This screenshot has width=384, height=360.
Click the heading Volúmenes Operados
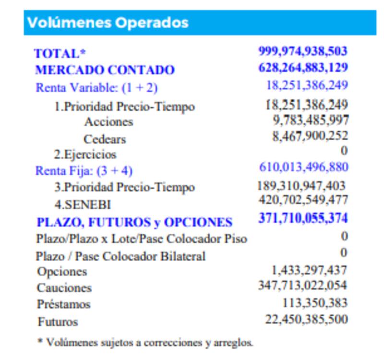click(108, 23)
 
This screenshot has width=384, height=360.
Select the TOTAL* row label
click(57, 54)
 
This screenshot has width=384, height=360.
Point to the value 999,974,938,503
click(303, 51)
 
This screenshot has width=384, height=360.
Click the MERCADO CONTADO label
click(105, 70)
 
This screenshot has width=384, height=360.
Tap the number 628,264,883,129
click(303, 68)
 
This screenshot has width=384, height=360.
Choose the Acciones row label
click(108, 122)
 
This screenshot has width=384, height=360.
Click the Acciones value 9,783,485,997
click(311, 120)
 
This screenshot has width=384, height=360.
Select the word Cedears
click(105, 139)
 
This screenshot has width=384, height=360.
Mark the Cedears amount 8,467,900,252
click(310, 136)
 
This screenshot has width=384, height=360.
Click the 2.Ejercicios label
click(85, 155)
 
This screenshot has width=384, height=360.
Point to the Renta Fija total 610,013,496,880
click(303, 167)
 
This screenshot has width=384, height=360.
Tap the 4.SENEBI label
click(83, 204)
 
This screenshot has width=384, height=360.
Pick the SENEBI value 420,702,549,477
click(303, 200)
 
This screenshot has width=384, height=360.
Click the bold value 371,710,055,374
click(303, 218)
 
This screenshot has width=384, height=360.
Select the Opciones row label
click(62, 272)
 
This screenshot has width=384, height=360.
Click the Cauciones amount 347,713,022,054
click(302, 286)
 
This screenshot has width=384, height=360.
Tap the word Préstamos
click(64, 304)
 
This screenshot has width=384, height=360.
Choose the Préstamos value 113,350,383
click(315, 303)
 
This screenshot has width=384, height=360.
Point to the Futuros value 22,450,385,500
click(306, 319)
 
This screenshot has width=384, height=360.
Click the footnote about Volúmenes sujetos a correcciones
click(145, 342)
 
